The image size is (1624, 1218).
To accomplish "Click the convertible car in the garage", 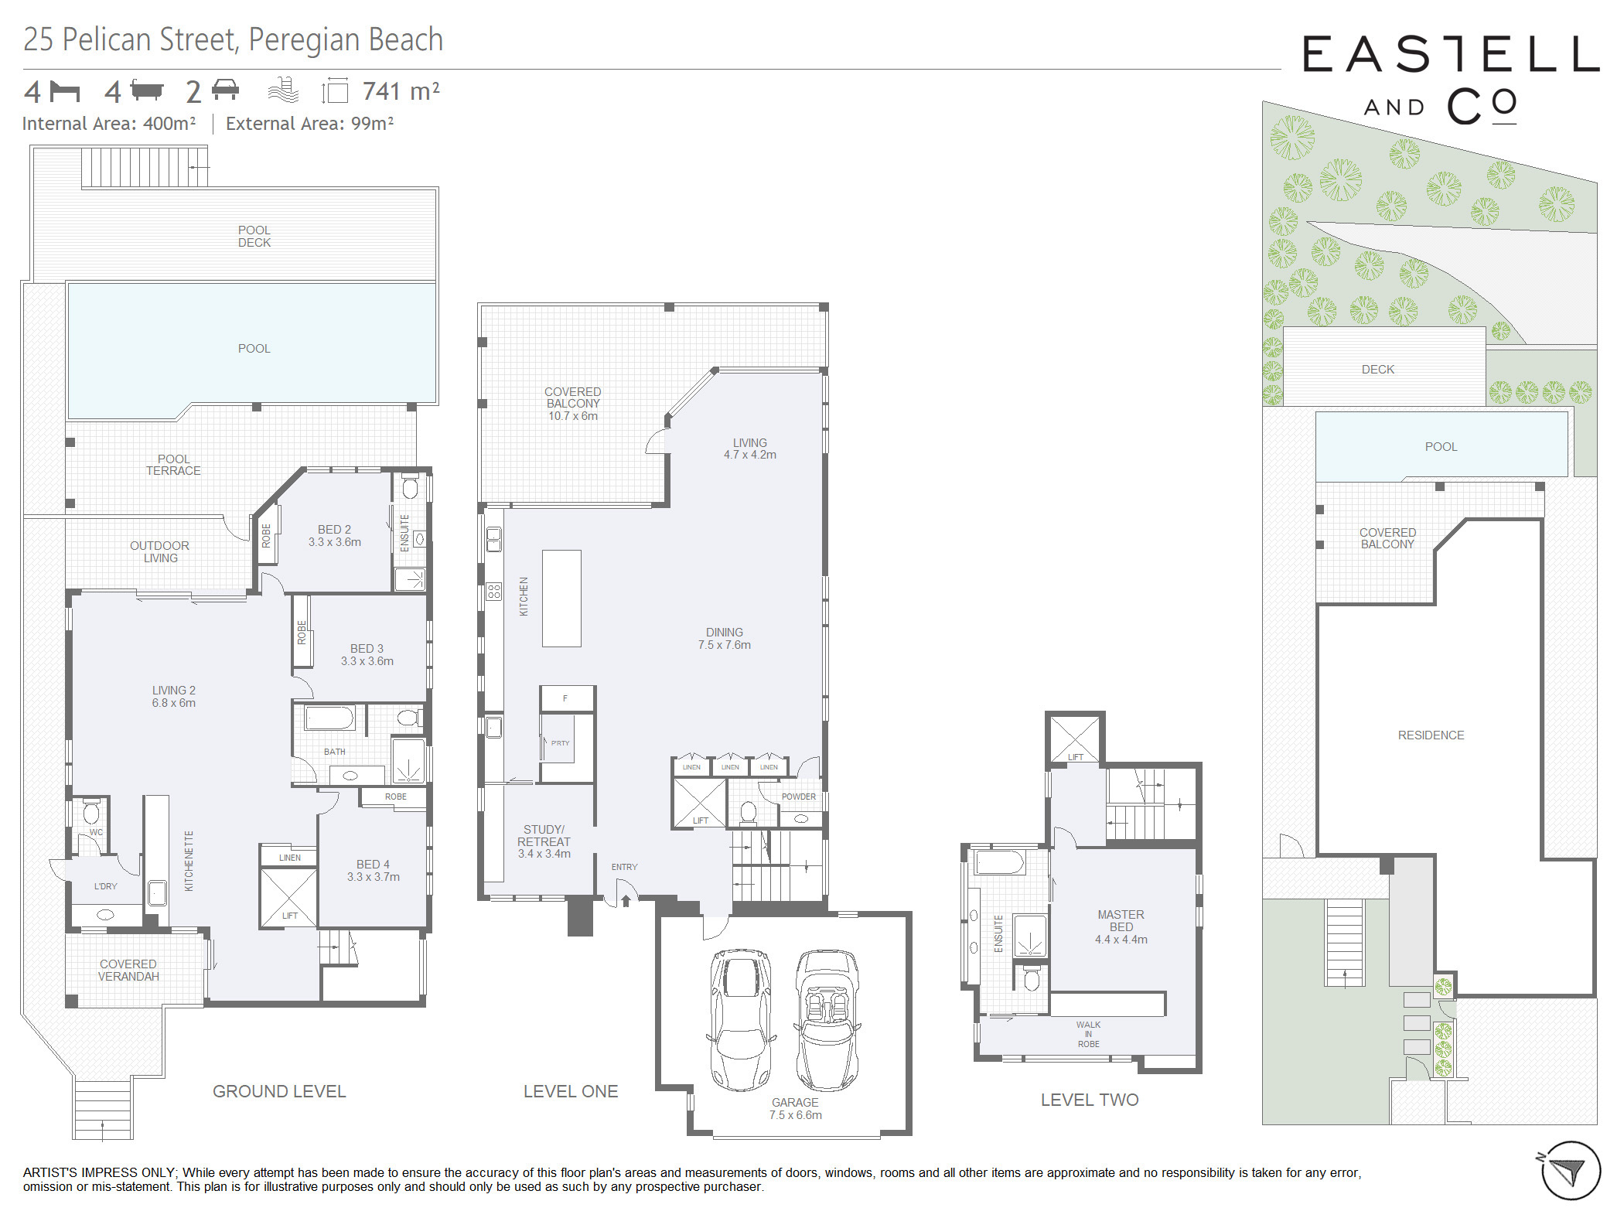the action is coord(827,1020).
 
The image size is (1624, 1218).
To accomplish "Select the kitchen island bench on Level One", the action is coord(561,598).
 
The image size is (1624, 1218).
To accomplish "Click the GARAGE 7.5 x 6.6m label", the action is coord(795,1108).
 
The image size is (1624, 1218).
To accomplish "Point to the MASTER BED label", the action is coord(1121,920).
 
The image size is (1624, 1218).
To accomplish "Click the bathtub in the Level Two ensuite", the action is coord(999,861).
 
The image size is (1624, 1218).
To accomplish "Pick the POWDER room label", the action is coord(799,797).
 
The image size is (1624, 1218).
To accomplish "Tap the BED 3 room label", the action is coord(367,648).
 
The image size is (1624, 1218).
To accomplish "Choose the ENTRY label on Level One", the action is coord(625,867).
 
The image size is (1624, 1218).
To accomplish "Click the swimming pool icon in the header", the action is coord(283,90).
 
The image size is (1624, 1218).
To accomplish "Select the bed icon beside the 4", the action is coord(64,91).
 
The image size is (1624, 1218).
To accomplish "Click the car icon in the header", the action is coord(225,89).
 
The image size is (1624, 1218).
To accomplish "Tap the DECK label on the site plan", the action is coord(1378,370).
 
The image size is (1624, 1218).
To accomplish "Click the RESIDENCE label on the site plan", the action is coord(1431,735).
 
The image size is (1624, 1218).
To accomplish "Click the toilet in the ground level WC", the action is coord(91,812).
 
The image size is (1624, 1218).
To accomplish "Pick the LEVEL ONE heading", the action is coord(571,1091).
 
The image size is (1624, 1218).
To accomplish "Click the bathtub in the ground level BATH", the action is coord(329,718).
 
